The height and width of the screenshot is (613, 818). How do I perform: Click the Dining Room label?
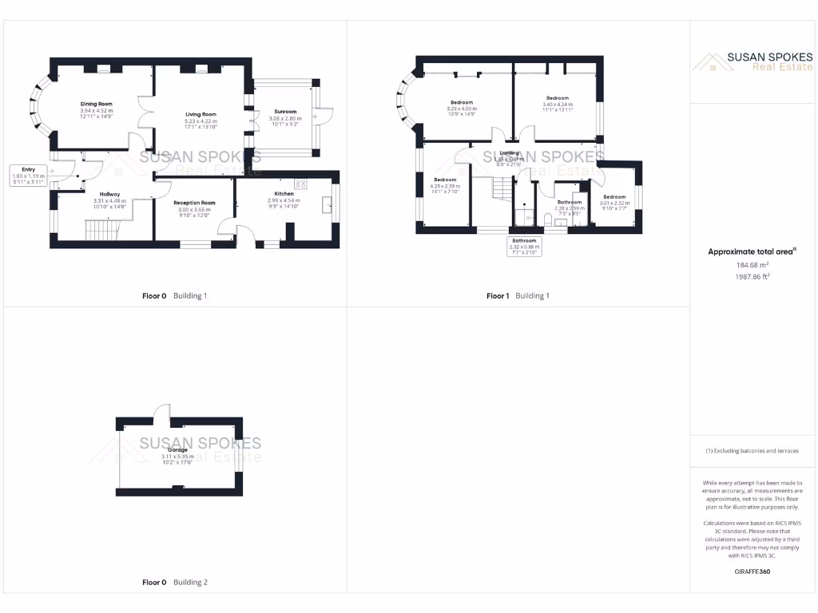point(96,104)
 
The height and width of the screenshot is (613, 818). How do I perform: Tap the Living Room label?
point(201,115)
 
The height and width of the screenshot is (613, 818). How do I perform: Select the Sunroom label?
point(285,112)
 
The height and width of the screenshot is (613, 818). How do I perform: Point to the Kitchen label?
point(284,194)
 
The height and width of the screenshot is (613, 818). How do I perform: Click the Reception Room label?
point(195,203)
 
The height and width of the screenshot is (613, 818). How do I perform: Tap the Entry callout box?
point(29,176)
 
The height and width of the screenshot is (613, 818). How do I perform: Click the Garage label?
point(177,450)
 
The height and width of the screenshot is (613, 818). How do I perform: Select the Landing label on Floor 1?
point(509,153)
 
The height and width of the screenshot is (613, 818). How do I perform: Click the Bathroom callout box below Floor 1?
point(525,246)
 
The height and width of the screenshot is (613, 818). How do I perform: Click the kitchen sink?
point(328,206)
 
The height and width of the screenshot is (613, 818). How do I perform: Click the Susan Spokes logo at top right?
point(752,61)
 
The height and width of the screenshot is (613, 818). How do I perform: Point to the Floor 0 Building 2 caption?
point(174,583)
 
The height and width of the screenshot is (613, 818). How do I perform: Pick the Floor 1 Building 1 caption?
point(518,296)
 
